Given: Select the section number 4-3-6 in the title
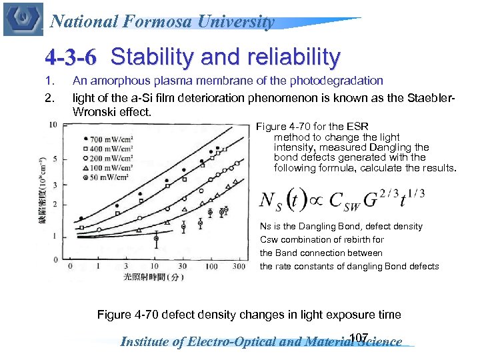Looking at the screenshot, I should tap(70, 58).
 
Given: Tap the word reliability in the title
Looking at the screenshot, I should tap(288, 57).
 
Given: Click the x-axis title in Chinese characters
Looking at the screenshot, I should tap(153, 275).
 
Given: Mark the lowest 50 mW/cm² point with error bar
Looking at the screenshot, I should tap(157, 238).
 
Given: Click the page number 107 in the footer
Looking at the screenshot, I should tap(359, 337).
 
